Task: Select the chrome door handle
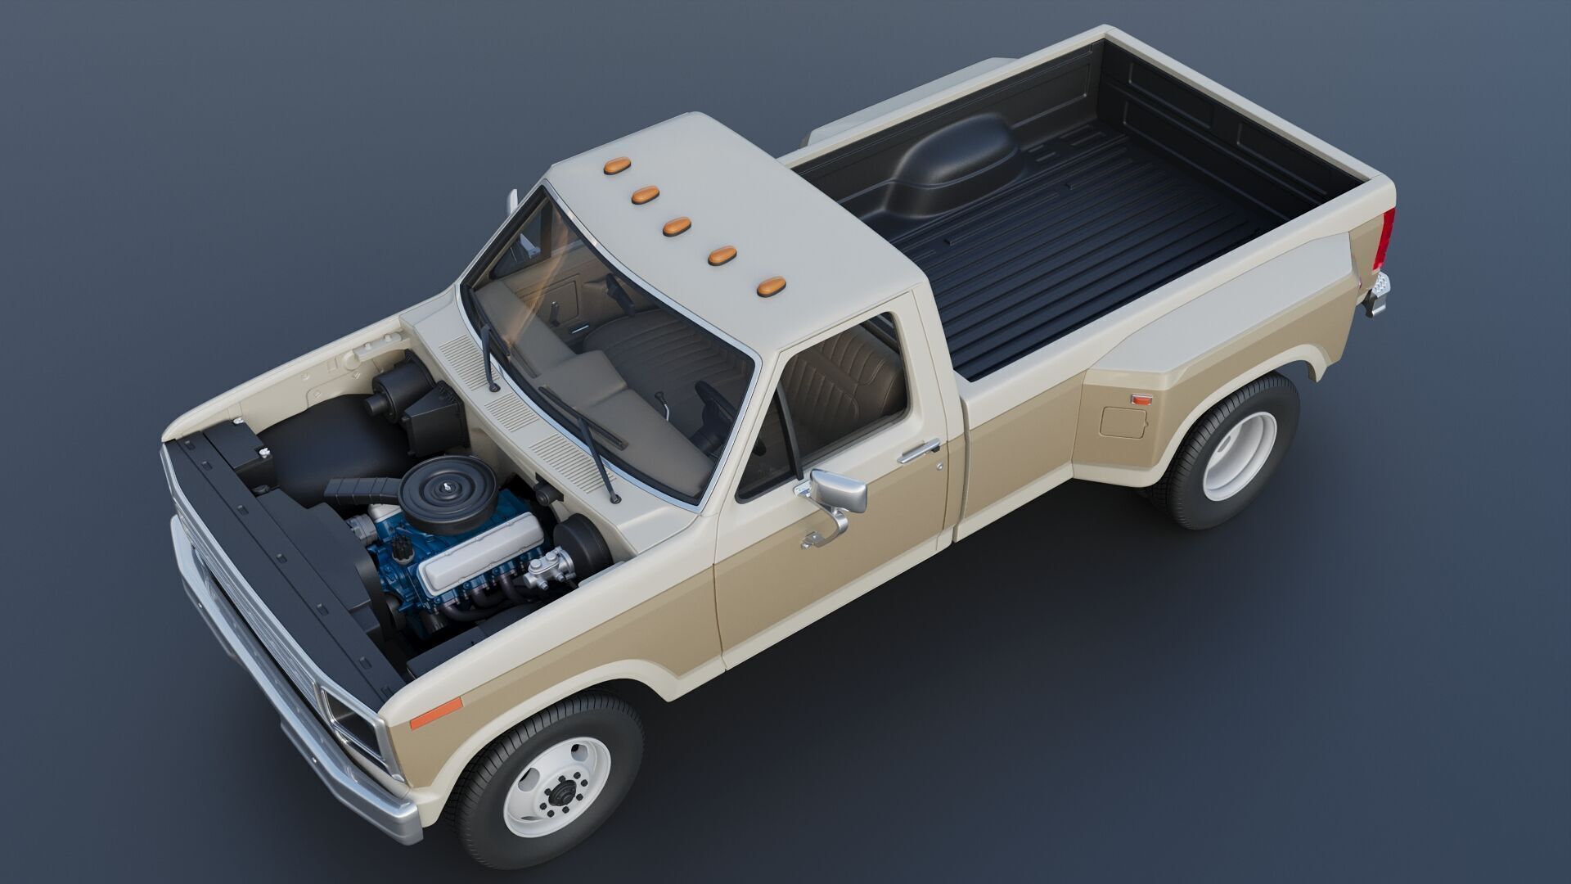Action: coord(921,450)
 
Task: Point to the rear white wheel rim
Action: coord(1239,444)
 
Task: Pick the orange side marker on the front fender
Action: coord(436,713)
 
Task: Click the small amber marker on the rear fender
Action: coord(1141,399)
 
